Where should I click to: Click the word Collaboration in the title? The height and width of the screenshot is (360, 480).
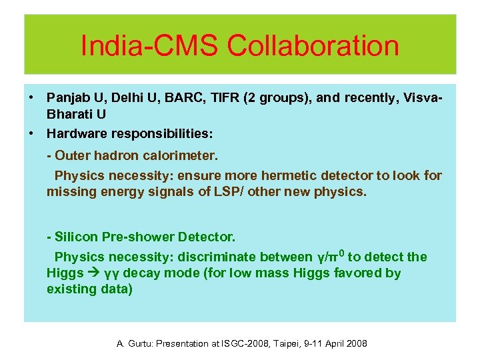[313, 46]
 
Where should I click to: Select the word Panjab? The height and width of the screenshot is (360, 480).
[68, 98]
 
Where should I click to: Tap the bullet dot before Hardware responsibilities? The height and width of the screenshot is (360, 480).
[31, 133]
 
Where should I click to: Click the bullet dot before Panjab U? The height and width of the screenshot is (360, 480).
[31, 98]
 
